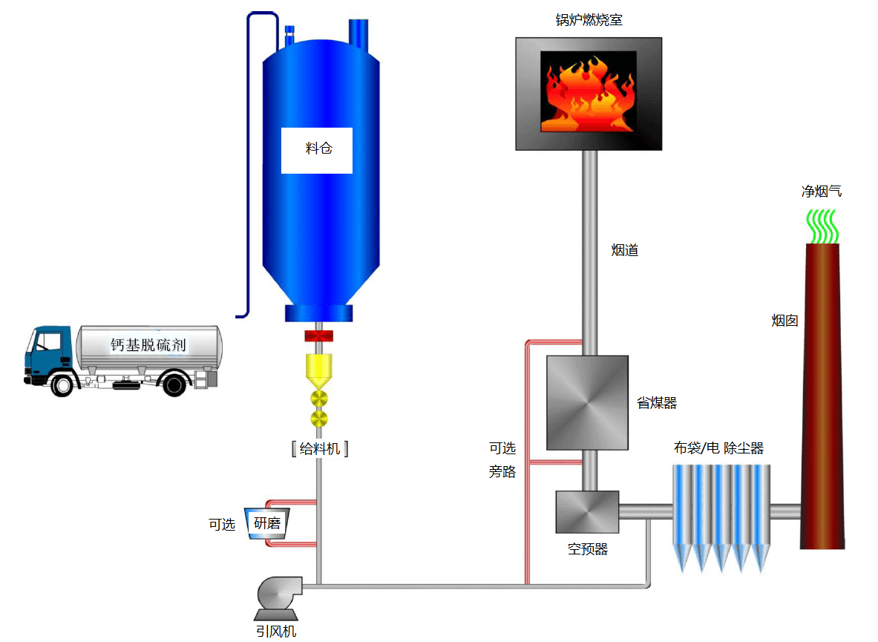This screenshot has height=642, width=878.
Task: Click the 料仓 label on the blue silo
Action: point(318,148)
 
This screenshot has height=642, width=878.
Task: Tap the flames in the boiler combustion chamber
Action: point(588,92)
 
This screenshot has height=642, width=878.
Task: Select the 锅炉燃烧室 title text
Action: point(589,20)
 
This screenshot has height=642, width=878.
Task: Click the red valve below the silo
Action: point(319,337)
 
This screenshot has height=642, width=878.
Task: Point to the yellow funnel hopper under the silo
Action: point(320,370)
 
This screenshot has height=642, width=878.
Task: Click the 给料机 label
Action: point(320,448)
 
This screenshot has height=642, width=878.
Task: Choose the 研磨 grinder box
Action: point(267,524)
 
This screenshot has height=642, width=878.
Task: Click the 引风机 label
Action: point(276,632)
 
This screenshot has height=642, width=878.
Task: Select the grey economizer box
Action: point(587,403)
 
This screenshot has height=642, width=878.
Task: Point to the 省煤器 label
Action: point(657,403)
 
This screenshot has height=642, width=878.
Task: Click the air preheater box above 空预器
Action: point(587,512)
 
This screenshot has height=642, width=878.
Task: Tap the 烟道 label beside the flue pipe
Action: point(625,251)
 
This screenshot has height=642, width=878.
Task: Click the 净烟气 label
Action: point(822,191)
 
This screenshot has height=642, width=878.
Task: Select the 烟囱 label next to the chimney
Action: point(784,321)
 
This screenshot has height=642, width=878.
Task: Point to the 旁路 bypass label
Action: point(502,471)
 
